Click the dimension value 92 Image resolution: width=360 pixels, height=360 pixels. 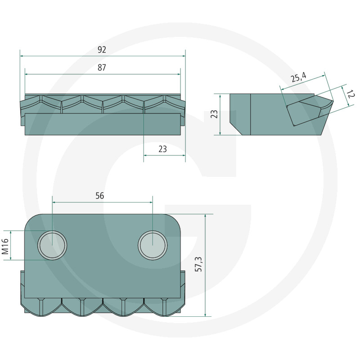102,49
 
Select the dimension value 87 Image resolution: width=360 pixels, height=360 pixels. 102,67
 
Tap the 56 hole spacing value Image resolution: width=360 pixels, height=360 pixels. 99,196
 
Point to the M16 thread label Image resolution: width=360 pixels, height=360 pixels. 5,246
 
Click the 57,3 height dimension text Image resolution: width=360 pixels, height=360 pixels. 198,264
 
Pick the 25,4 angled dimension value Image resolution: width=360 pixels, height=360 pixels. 299,77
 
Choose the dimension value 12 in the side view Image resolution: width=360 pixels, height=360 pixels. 351,94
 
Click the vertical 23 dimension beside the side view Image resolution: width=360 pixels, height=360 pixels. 214,114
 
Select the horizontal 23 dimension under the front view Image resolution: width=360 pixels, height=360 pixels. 162,149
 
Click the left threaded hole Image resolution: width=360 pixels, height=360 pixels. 52,245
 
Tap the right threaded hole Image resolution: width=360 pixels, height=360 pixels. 153,245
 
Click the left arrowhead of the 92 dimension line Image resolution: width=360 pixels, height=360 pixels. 22,56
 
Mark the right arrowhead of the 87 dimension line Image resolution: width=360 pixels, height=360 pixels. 179,74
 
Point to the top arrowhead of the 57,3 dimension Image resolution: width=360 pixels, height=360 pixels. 205,216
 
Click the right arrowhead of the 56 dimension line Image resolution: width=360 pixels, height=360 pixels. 151,202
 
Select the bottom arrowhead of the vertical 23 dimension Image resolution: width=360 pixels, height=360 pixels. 220,133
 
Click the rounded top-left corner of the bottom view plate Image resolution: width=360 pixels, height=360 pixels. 29,218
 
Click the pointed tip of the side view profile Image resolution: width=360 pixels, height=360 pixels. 333,100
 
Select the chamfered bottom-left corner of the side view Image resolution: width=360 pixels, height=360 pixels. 235,129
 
